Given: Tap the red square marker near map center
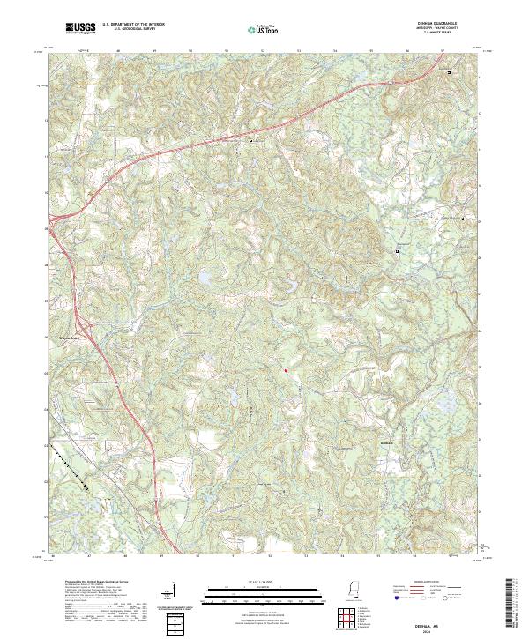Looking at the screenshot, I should [x=287, y=370].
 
